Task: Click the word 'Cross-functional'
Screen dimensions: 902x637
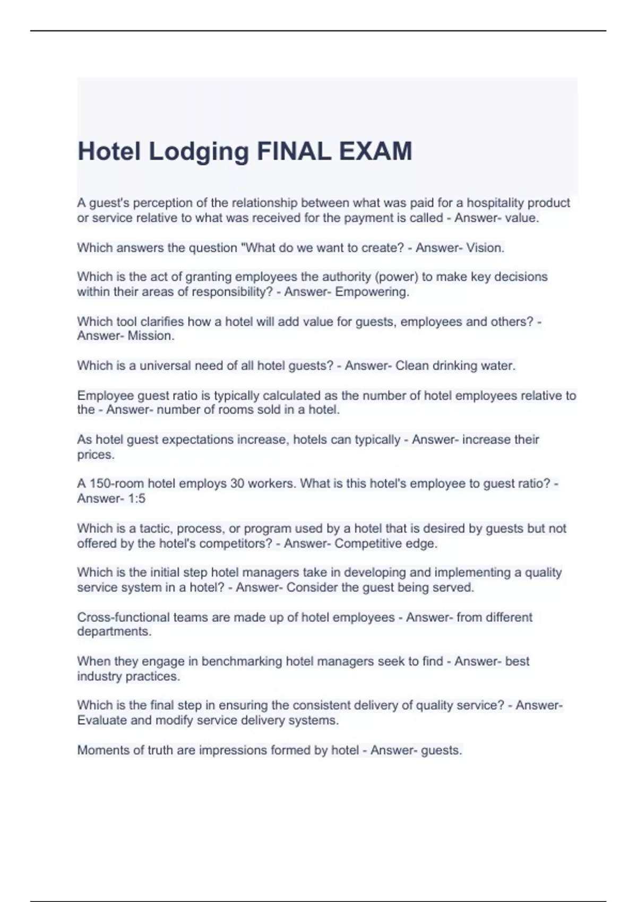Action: (120, 618)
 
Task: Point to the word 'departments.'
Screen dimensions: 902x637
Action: (114, 632)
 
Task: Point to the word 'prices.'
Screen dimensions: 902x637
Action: (96, 455)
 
